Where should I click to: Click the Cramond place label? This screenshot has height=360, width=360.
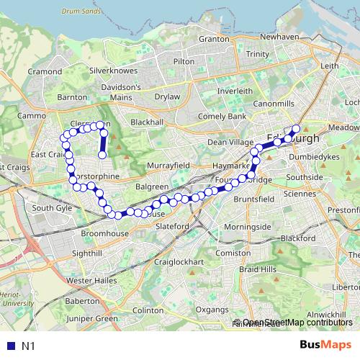point(45,72)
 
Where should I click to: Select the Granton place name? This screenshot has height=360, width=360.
point(213,39)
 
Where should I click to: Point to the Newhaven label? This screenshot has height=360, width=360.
point(279,36)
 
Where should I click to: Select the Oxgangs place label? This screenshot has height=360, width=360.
point(212,310)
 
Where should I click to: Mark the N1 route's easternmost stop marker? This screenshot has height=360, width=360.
point(296,130)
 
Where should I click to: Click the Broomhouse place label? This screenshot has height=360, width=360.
point(104,234)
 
